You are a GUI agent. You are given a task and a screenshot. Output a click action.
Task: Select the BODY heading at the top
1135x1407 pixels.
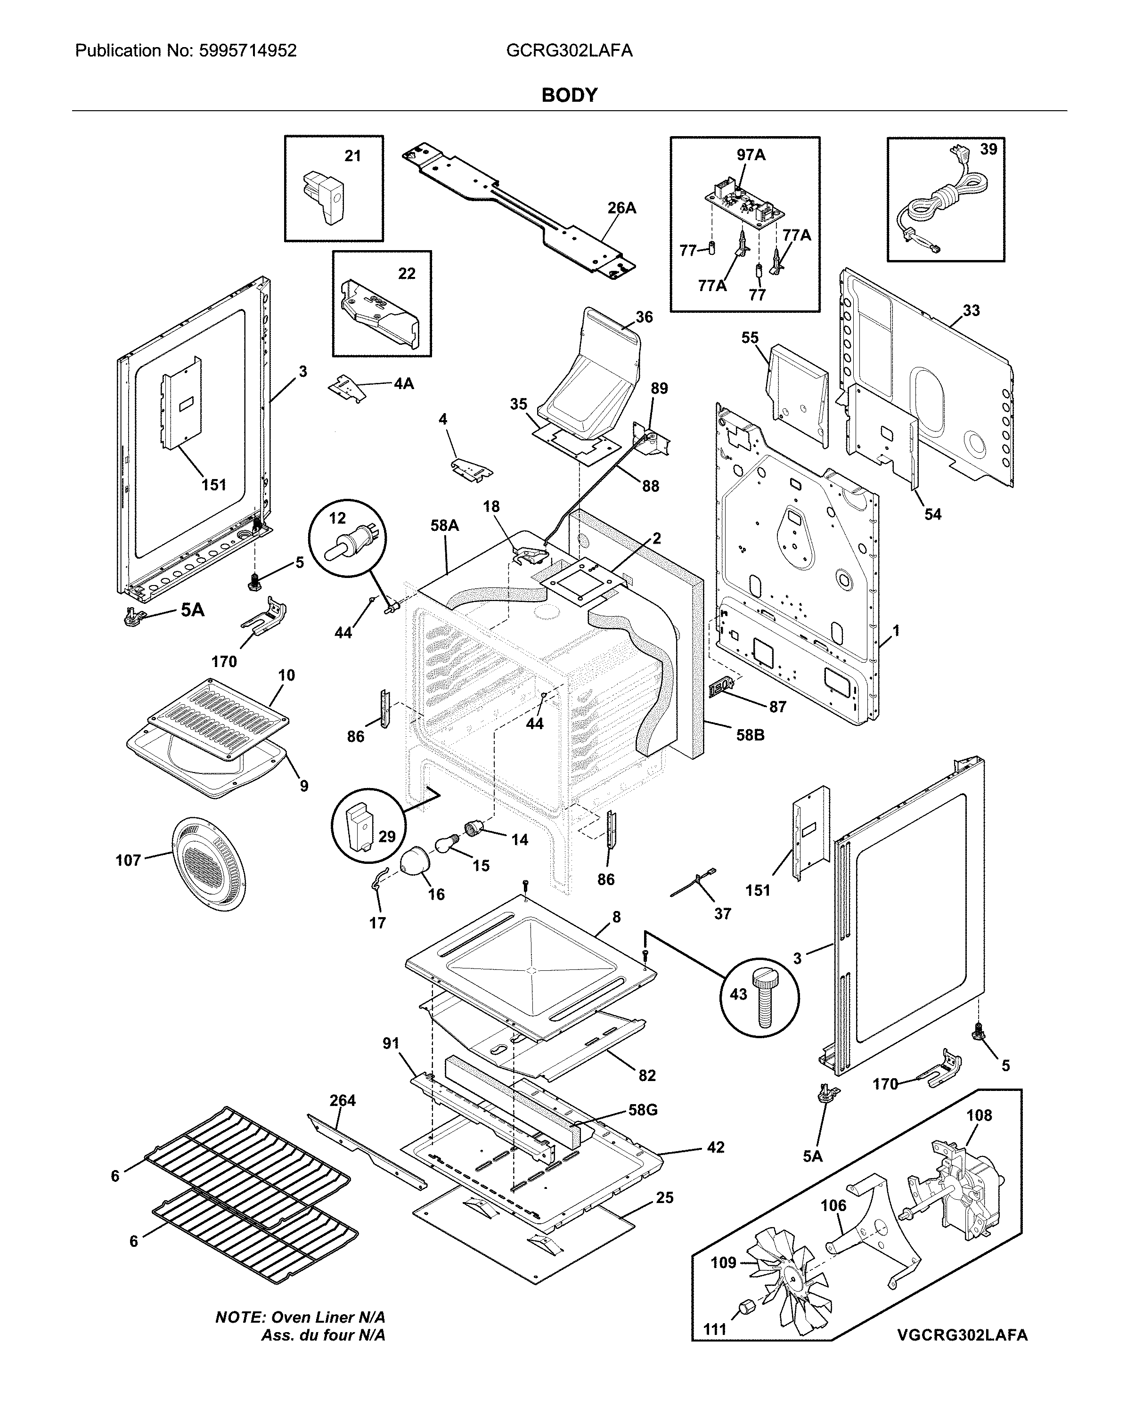[x=569, y=96]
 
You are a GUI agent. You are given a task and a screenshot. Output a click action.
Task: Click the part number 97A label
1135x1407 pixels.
[x=751, y=155]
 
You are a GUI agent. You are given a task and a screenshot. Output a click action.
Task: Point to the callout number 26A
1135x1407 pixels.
[x=621, y=208]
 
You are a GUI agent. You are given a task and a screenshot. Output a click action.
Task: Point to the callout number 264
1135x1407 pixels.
[x=342, y=1100]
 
